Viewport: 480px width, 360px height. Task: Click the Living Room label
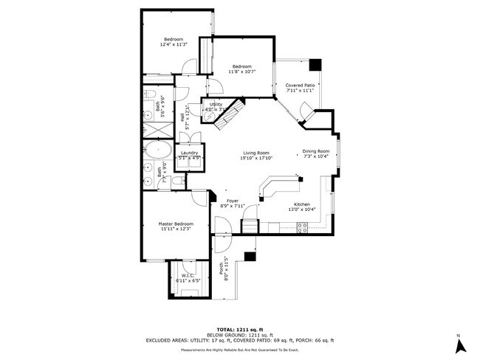pyautogui.click(x=256, y=153)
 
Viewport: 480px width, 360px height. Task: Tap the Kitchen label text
pyautogui.click(x=302, y=204)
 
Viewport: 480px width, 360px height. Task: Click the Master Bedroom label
pyautogui.click(x=176, y=224)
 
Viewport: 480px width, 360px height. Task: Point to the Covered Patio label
pyautogui.click(x=301, y=86)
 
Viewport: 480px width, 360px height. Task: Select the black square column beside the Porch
pyautogui.click(x=250, y=257)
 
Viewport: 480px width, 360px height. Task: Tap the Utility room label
pyautogui.click(x=216, y=105)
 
